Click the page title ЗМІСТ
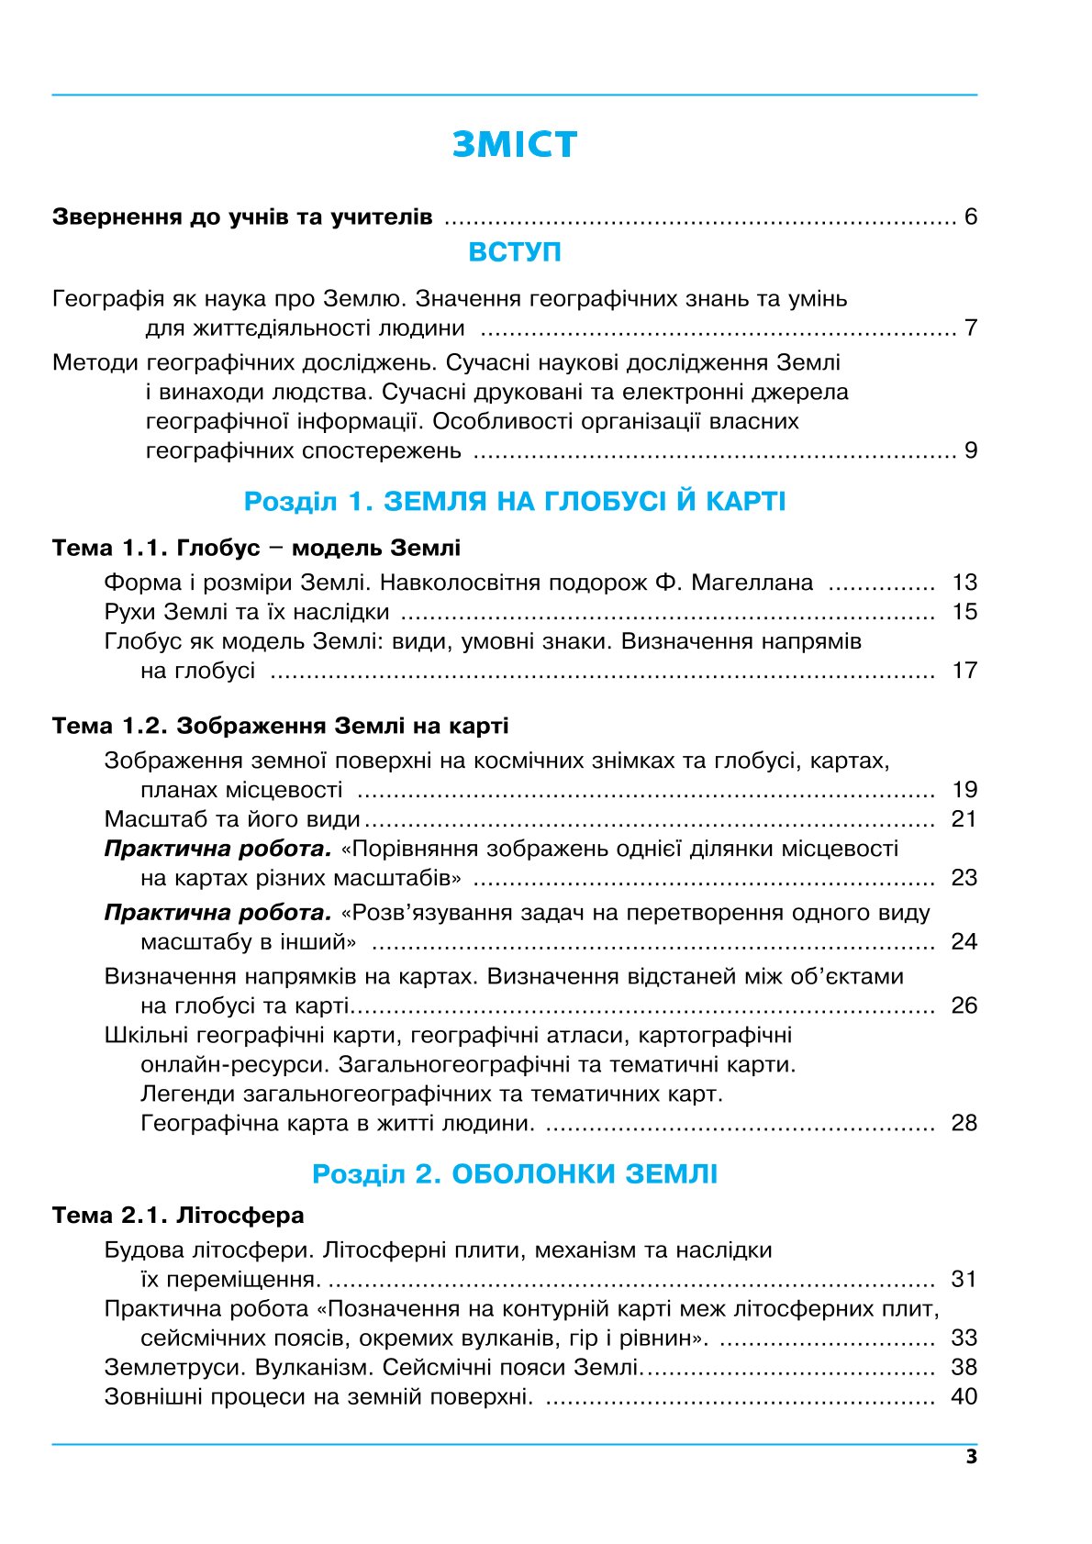click(514, 145)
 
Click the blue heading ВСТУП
click(514, 252)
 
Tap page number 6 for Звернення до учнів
click(970, 217)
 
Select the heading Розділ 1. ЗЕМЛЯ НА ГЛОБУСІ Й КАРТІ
click(514, 502)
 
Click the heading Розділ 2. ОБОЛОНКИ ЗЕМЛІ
click(514, 1174)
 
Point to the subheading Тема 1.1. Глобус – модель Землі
click(256, 549)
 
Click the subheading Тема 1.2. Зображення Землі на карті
click(280, 727)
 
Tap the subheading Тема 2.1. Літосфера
click(178, 1216)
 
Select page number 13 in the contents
click(964, 583)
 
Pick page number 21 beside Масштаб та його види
click(964, 819)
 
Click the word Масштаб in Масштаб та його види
click(153, 819)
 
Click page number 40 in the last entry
click(964, 1397)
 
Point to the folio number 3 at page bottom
click(972, 1458)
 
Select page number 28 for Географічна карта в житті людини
click(964, 1124)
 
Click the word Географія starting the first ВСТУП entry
click(108, 299)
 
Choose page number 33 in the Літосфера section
click(964, 1339)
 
